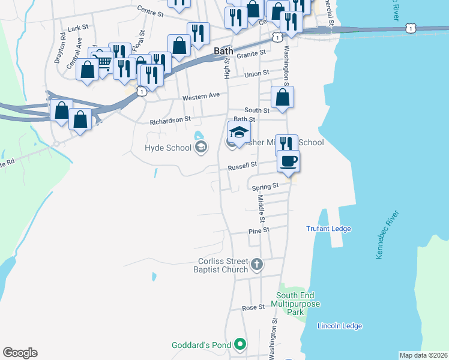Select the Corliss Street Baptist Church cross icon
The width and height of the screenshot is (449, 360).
pos(256,263)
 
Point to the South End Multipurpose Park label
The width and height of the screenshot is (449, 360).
pos(298,304)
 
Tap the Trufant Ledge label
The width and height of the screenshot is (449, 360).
pos(328,229)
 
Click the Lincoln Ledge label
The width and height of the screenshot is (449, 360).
pos(340,326)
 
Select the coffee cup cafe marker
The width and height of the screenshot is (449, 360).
pos(289,161)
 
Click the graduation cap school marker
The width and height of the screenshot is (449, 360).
pos(239,133)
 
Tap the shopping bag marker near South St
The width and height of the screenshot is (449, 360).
pos(282,97)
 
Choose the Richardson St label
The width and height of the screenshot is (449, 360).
pos(170,120)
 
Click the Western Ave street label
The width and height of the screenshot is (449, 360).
pos(201,95)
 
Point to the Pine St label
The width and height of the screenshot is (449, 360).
pos(259,230)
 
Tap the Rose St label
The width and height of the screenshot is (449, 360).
pos(253,307)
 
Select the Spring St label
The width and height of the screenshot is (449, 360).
pos(267,186)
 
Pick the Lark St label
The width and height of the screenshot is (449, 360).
pos(78,28)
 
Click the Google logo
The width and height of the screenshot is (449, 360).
pos(20,353)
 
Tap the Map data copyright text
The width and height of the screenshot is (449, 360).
pos(423,355)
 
